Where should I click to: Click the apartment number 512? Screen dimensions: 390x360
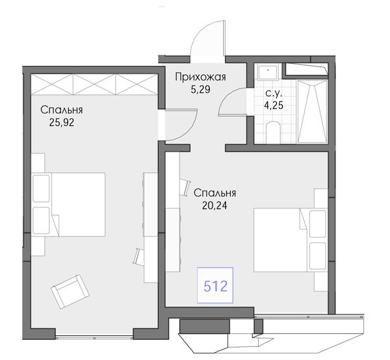pos(216,286)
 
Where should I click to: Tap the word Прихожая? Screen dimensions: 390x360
pos(200,77)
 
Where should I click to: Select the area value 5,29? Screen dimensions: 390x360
pos(200,89)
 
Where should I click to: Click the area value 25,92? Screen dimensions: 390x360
pos(62,122)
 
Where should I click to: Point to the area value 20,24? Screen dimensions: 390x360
pos(214,205)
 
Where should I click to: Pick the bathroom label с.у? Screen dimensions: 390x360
pos(274,93)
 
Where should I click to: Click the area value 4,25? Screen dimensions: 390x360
pos(274,105)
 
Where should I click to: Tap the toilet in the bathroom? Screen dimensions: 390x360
pos(273,133)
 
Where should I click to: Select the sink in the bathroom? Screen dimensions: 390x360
pos(268,71)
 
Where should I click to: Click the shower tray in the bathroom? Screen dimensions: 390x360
pos(312,111)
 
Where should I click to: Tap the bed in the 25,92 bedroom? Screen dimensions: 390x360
pos(69,204)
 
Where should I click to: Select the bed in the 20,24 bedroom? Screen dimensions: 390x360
pos(290,240)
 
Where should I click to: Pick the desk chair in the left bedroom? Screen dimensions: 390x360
pos(138,257)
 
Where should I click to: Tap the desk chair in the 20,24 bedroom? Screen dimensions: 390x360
pos(185,187)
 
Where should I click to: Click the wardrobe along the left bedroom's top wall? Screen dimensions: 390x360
pos(94,84)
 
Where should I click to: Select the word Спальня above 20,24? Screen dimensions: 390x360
pos(214,193)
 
